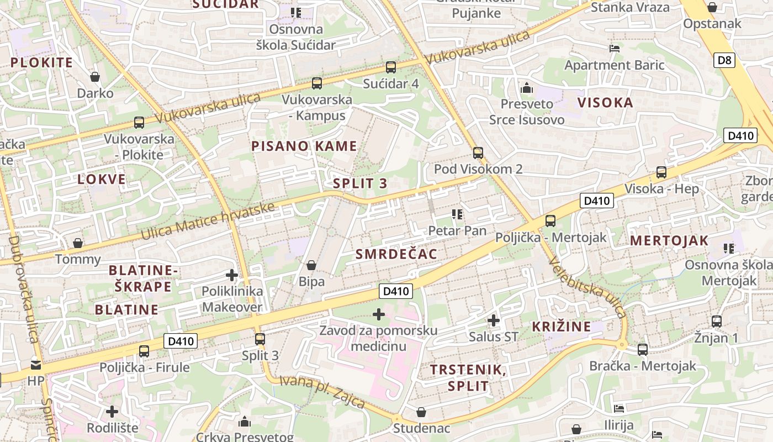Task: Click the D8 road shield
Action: (x=724, y=60)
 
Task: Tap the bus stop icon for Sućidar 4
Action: (x=391, y=67)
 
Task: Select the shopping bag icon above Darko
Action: (x=95, y=76)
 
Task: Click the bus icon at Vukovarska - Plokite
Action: (x=139, y=123)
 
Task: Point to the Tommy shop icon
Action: (x=78, y=243)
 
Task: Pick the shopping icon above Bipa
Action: (x=311, y=265)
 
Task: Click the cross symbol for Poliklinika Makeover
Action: (x=232, y=275)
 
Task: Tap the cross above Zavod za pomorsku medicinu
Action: (x=379, y=314)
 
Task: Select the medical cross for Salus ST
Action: (x=494, y=320)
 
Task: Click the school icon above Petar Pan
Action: (x=457, y=214)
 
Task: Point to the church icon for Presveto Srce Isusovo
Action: (x=527, y=88)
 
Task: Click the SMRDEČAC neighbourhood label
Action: (x=396, y=254)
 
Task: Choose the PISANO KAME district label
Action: (x=304, y=146)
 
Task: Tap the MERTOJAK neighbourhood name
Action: (x=669, y=240)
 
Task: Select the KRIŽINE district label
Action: (x=562, y=327)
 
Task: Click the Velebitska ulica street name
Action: (x=589, y=288)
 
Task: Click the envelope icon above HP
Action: (x=36, y=365)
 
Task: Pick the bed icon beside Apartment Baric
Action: (x=614, y=49)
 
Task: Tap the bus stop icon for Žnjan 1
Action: (x=717, y=321)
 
